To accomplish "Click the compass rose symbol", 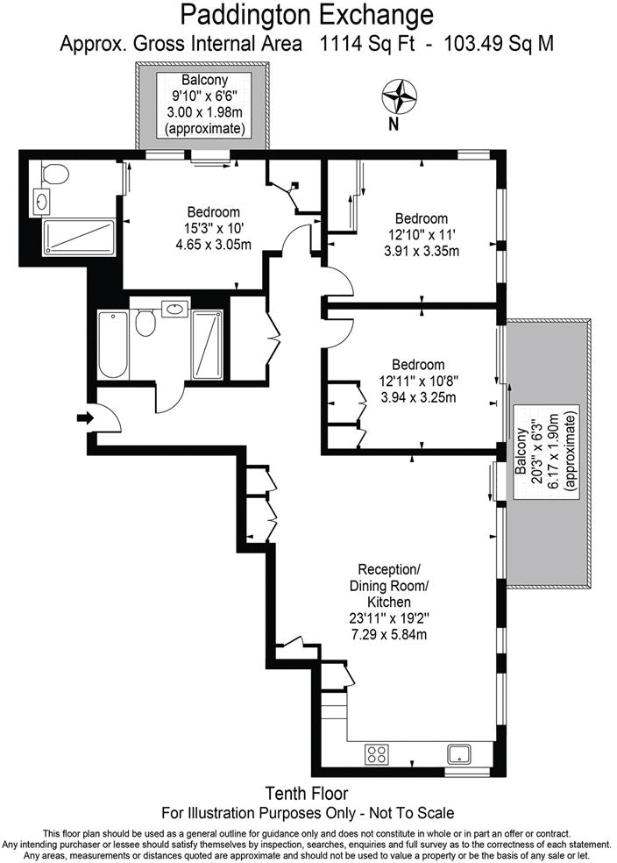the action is coord(400,97).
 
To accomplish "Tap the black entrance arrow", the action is coord(85,418).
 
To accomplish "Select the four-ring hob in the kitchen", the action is coord(377,753).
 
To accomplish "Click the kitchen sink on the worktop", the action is coord(458,753).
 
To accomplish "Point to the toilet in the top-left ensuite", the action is coord(53,174).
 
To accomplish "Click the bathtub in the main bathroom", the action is coord(113,345).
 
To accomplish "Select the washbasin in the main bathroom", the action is coord(175,310).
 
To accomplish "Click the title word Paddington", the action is coord(248,15).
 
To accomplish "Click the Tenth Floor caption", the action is coord(307,793).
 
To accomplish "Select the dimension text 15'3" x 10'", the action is coord(213,228).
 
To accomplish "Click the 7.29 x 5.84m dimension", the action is coord(389,634).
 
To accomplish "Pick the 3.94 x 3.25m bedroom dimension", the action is coord(418,396).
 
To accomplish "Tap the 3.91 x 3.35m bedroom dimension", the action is coord(422,252).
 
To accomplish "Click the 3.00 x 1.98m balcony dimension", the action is coord(205,112).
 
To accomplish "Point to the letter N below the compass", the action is coord(394,125).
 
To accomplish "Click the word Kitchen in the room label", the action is coord(389,602).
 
